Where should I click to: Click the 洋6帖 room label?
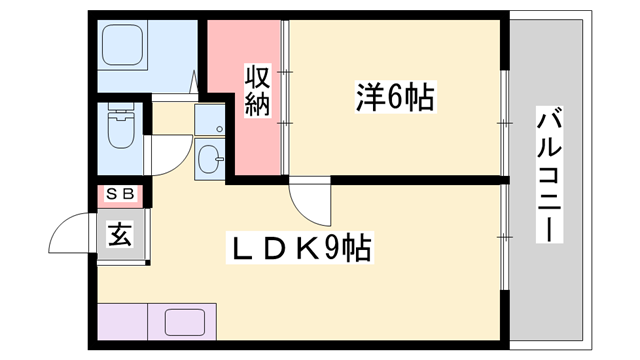(x=394, y=98)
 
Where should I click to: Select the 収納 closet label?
(x=258, y=90)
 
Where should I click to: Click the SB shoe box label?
(x=121, y=194)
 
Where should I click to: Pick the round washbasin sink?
(x=211, y=159)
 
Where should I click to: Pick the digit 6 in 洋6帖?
(x=393, y=98)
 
